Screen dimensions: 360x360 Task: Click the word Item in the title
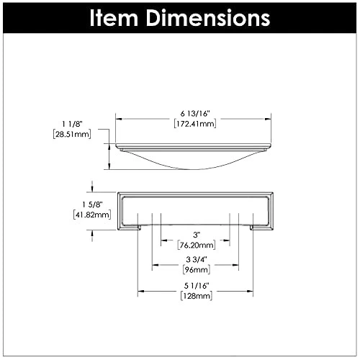point(114,18)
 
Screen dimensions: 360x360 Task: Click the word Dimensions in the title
point(208,18)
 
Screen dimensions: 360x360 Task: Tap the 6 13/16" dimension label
point(195,114)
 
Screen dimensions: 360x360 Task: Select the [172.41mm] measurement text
point(195,124)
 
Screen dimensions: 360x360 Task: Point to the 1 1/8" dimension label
point(72,124)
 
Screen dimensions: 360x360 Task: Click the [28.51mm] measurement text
point(72,134)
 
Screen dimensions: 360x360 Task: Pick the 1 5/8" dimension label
point(92,204)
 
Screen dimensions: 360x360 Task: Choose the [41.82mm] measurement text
point(92,215)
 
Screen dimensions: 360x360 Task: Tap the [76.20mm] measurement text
point(197,245)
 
